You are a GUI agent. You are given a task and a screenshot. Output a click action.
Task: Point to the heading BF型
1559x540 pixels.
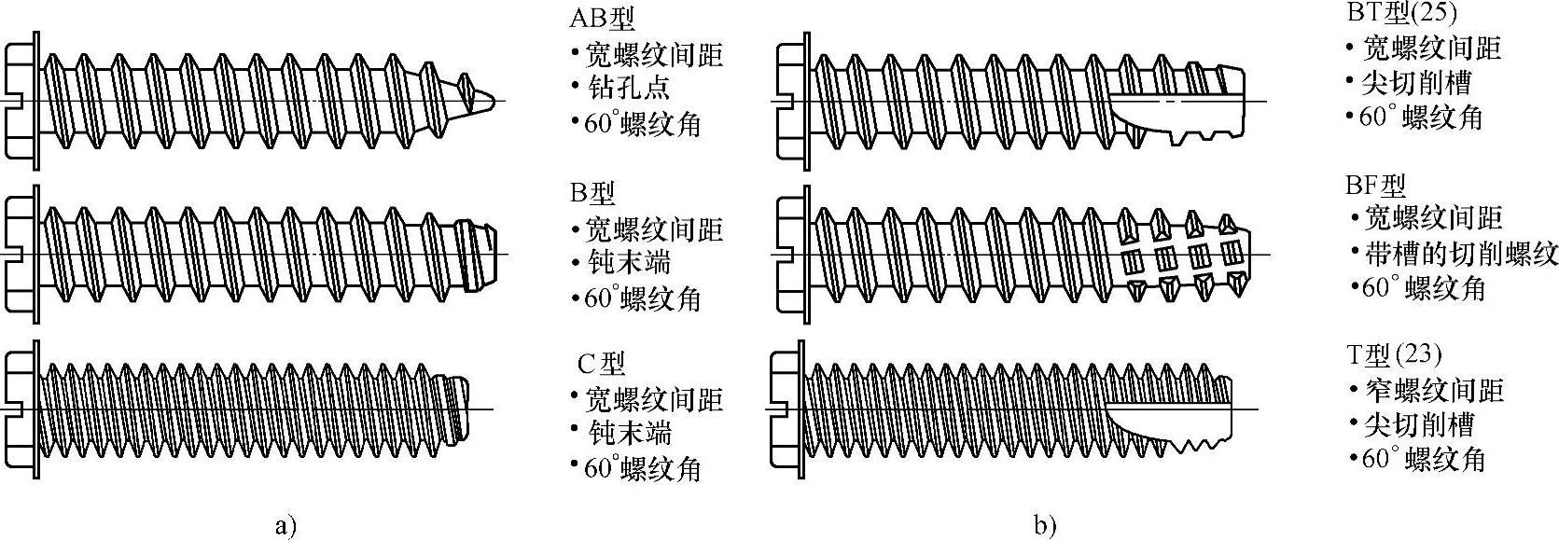point(1376,185)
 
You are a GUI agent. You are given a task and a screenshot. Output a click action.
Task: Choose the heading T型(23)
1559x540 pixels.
point(1394,354)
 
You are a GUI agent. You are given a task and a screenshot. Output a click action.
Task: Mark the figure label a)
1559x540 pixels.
point(285,525)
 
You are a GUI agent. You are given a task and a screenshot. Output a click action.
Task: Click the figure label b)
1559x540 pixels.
point(1045,525)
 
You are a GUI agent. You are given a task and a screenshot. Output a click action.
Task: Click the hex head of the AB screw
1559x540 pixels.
point(19,100)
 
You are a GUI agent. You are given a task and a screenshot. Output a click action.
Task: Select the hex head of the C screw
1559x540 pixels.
point(19,410)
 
